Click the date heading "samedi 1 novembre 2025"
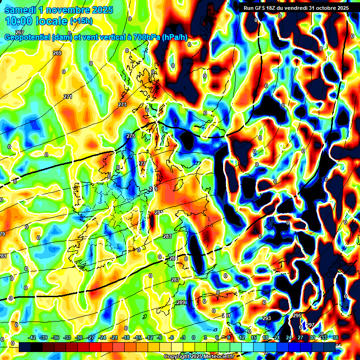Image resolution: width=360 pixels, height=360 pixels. pos(59,10)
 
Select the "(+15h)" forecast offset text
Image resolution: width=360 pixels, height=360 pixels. pos(82,21)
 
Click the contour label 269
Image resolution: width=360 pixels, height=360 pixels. pos(57,53)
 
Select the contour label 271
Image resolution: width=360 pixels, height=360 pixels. pos(68,97)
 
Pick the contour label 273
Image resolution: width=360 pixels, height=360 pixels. pos(122,105)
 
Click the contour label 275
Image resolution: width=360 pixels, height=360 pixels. pos(131,136)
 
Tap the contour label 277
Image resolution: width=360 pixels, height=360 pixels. pos(142,164)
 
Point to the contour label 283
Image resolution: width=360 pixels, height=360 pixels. pos(167,236)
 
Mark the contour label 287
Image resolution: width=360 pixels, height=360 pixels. pos(175,280)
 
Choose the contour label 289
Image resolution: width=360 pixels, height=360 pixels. pos(181,302)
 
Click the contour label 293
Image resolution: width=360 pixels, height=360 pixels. pos(267,318)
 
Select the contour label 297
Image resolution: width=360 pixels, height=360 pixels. pos(310,324)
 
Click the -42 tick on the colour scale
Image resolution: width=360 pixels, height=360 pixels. pos(32,337)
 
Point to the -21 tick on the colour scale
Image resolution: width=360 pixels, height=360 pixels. pos(114,337)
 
